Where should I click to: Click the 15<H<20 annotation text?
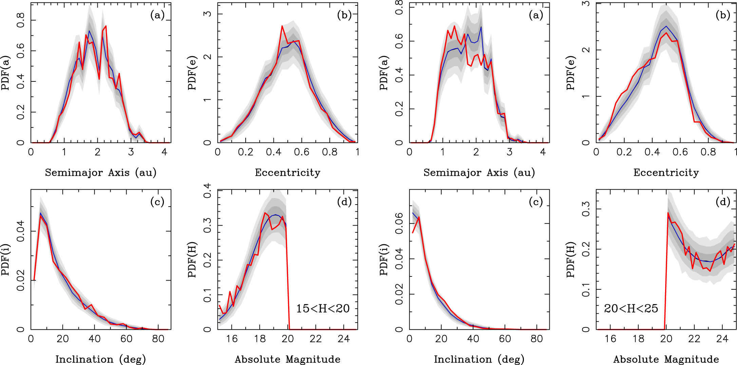click(323, 309)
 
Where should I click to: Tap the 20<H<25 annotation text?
click(631, 309)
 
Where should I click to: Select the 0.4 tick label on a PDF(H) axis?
click(207, 191)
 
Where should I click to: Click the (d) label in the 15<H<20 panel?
click(344, 202)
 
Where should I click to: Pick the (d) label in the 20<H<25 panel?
click(723, 202)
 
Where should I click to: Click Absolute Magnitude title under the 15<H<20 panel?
click(287, 359)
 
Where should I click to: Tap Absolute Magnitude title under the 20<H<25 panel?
click(666, 359)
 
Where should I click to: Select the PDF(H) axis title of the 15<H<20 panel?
click(192, 260)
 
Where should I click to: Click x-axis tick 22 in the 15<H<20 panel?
click(316, 339)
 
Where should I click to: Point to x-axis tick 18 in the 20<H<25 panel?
click(638, 339)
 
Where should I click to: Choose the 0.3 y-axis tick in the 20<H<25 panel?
click(586, 209)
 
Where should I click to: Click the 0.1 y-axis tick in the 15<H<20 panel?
click(207, 295)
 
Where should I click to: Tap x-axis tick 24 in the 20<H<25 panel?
click(722, 339)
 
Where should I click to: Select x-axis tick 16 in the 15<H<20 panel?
click(232, 339)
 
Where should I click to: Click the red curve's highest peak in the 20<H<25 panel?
click(668, 213)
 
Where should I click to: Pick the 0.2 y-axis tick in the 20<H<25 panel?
click(586, 249)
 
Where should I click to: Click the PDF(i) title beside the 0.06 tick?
click(384, 260)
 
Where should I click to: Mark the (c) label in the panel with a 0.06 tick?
click(536, 202)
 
